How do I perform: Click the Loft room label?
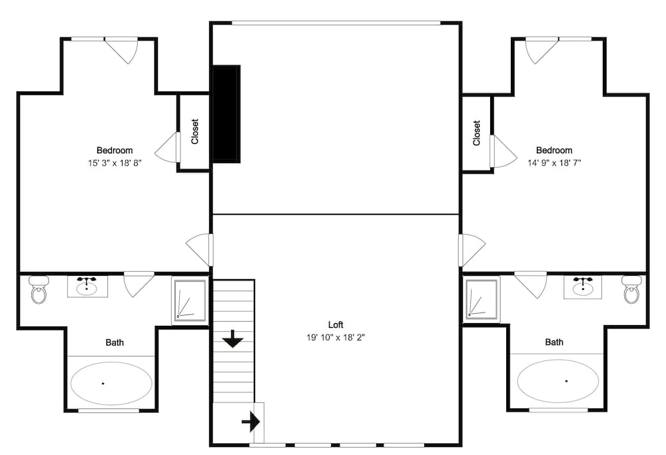pos(336,324)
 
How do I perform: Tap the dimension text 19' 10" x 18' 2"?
pos(336,338)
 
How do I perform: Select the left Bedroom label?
pos(115,151)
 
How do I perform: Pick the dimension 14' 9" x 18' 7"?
pos(554,163)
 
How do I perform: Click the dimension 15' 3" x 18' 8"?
pos(115,163)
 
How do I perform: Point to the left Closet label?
pos(194,132)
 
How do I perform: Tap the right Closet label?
pos(477,133)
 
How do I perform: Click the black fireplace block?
pos(226,113)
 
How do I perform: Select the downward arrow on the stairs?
pos(232,340)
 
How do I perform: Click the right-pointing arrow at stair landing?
pos(251,422)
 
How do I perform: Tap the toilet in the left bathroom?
pos(39,290)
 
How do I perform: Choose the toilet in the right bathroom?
pos(631,290)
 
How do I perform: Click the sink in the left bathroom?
pos(87,287)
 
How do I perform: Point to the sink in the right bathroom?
pos(583,287)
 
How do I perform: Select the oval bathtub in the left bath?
pos(111,383)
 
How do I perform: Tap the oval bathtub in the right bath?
pos(558,381)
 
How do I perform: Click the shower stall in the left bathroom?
pos(190,300)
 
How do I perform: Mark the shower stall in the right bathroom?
pos(482,299)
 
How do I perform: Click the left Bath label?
pos(115,342)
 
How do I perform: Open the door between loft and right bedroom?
pos(470,249)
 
